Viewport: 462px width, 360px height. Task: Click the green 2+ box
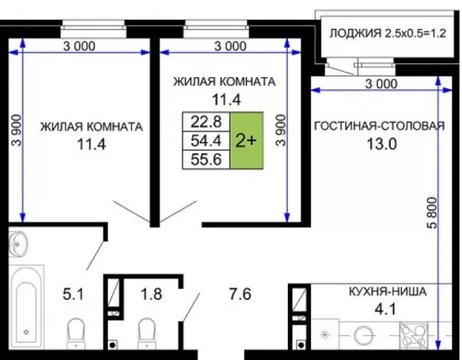click(247, 141)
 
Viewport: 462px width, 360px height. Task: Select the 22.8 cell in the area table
click(206, 122)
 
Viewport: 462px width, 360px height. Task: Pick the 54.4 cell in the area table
click(206, 141)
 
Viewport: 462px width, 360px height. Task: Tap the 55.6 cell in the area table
click(206, 159)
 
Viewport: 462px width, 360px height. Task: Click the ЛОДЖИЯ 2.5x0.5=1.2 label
click(387, 33)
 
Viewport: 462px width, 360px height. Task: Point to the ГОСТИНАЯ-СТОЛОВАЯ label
click(380, 126)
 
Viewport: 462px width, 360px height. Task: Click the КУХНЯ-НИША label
click(387, 291)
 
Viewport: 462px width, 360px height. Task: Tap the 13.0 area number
click(382, 144)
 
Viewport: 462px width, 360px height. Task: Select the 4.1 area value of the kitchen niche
click(386, 309)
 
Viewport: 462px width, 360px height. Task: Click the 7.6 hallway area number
click(240, 294)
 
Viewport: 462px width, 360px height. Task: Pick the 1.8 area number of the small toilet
click(152, 294)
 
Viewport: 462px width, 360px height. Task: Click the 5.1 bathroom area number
click(74, 294)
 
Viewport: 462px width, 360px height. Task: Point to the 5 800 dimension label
click(432, 213)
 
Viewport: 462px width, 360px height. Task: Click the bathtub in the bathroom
click(26, 307)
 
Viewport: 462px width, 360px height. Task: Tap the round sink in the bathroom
click(18, 244)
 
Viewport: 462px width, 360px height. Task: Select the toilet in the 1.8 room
click(147, 333)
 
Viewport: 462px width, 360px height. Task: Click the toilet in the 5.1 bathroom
click(76, 333)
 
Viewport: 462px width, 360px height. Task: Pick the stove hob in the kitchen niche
click(414, 335)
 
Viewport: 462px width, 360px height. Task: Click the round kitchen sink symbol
click(363, 335)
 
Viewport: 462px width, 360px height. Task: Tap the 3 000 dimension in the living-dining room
click(381, 84)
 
